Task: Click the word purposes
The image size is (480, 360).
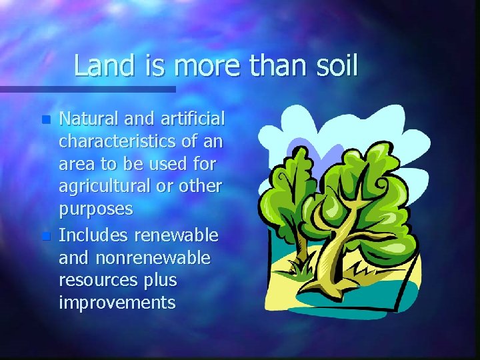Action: (x=96, y=210)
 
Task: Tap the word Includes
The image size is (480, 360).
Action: (x=94, y=235)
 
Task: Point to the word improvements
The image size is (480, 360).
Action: (x=117, y=303)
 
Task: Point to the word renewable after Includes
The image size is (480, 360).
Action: (x=176, y=235)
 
